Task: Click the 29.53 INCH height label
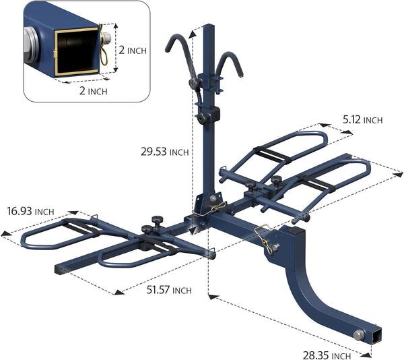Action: (165, 152)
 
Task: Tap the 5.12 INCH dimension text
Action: (362, 120)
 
